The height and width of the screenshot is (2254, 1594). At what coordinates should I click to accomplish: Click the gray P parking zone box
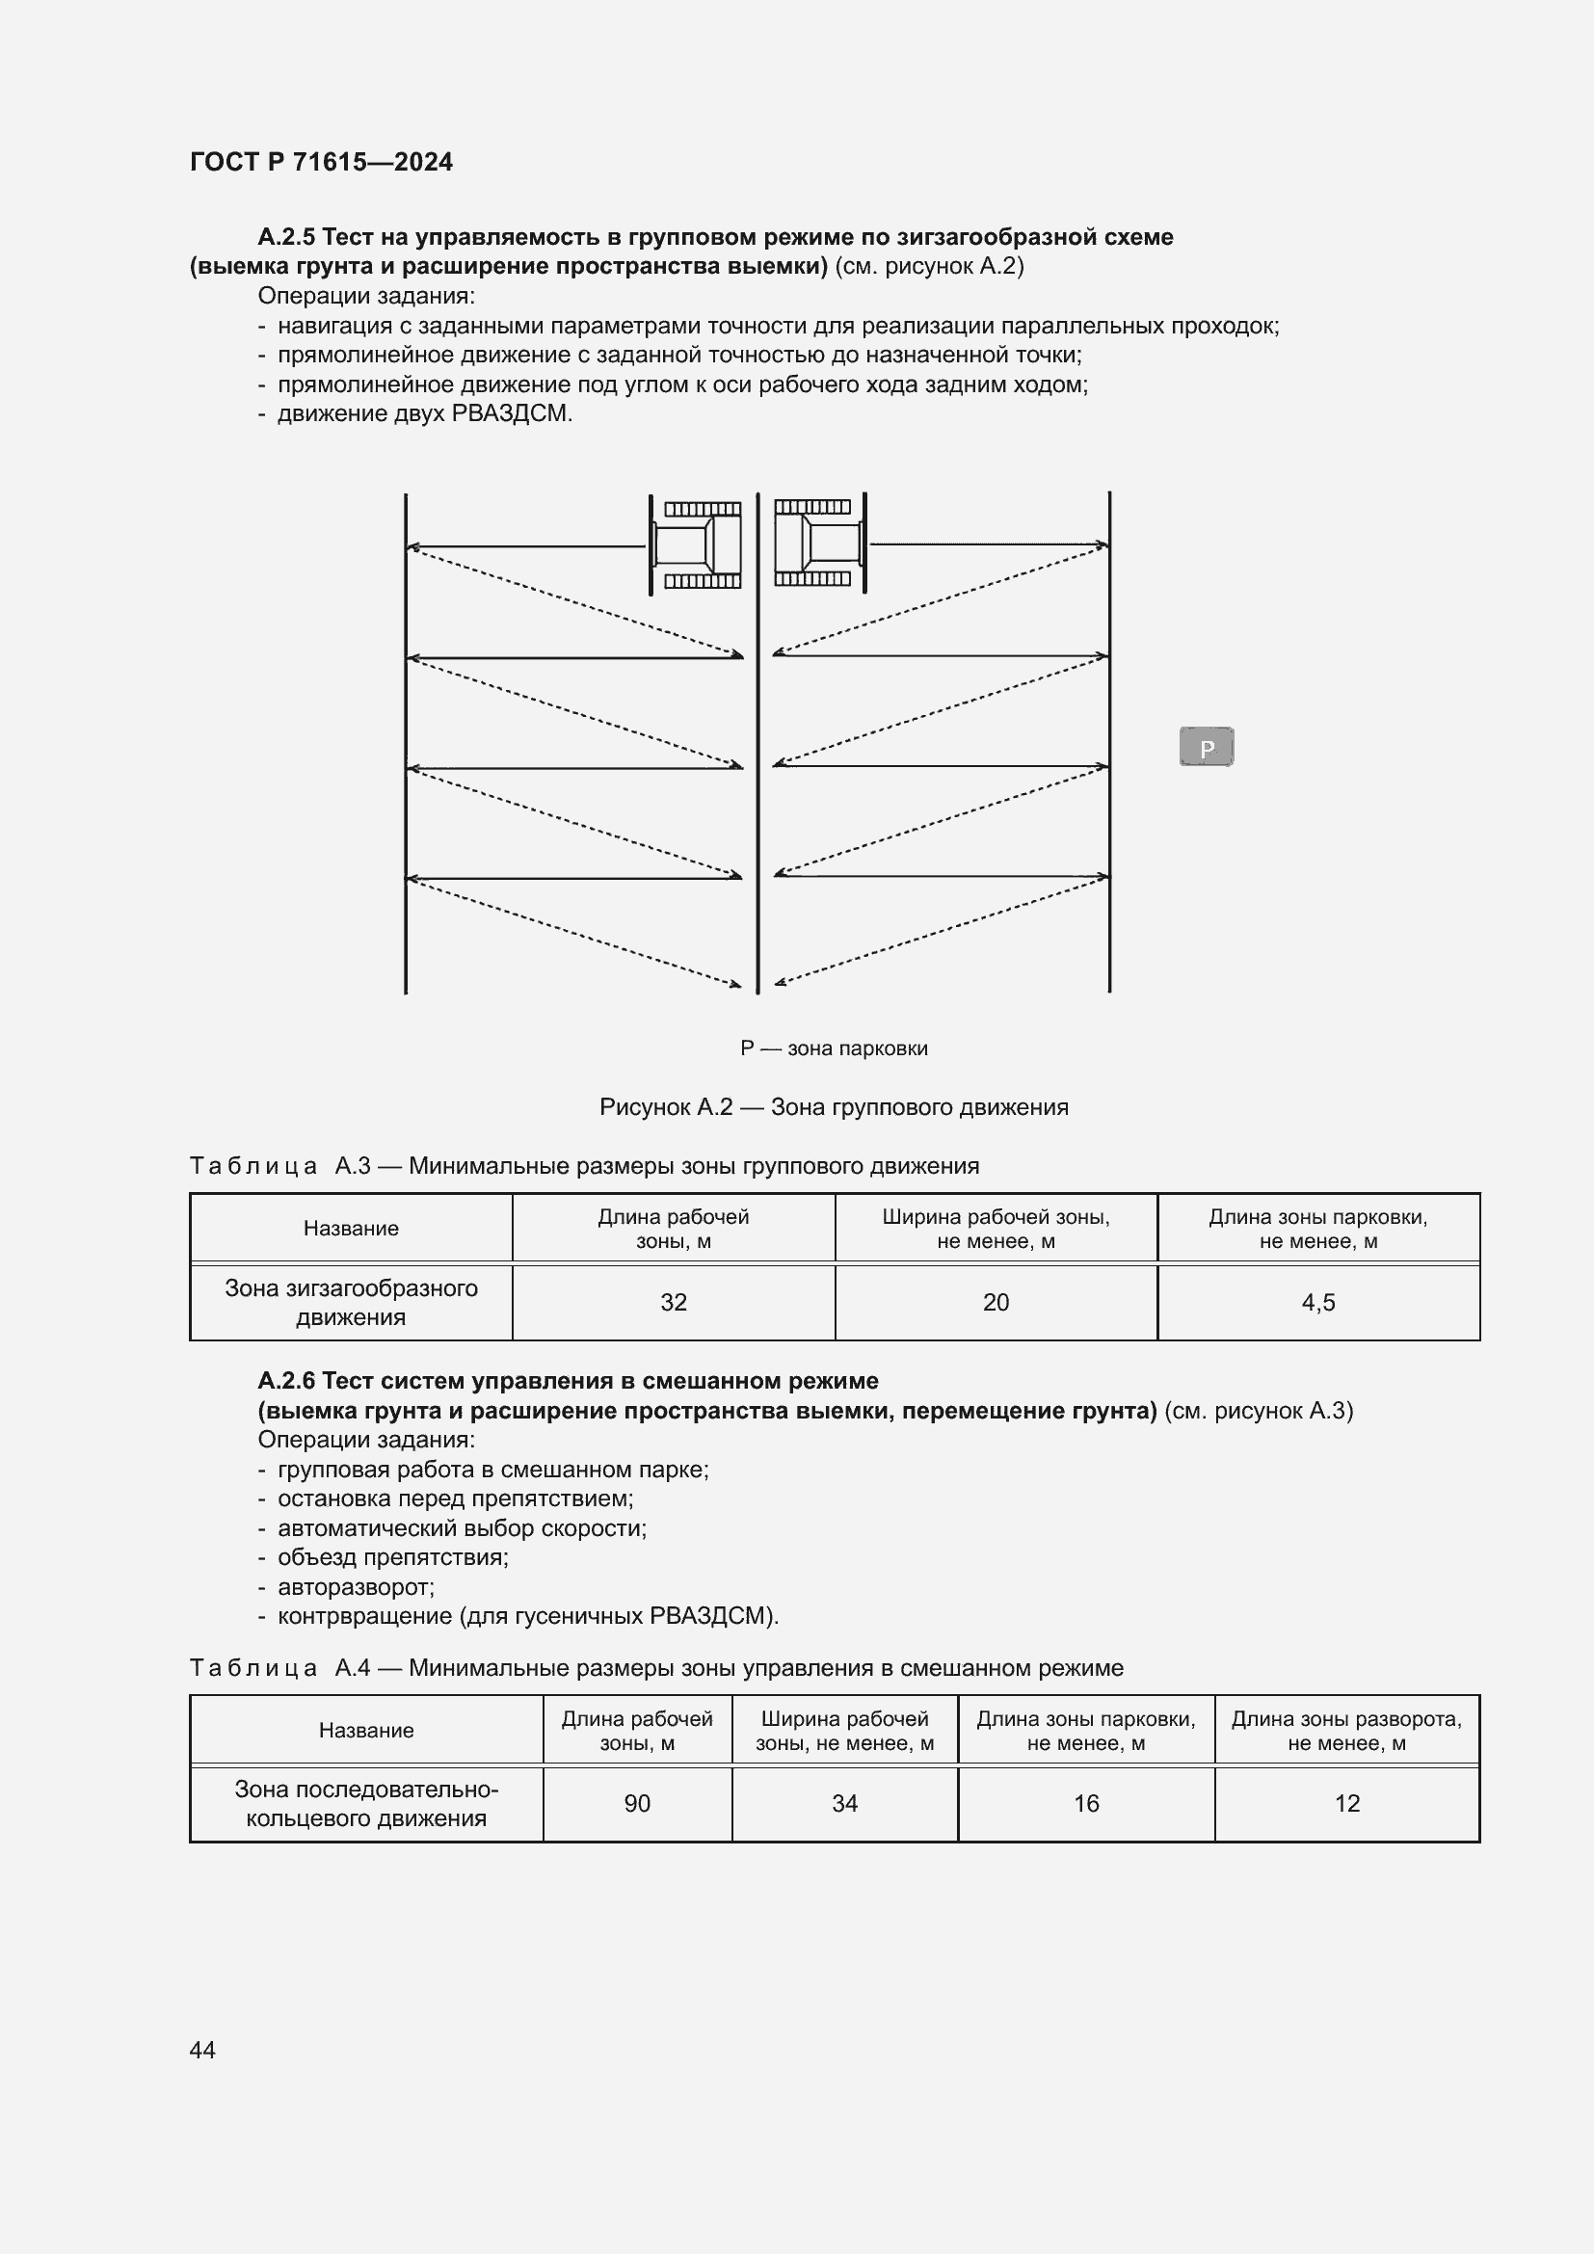[x=1206, y=747]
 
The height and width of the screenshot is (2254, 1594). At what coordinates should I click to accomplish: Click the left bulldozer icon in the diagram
[x=697, y=544]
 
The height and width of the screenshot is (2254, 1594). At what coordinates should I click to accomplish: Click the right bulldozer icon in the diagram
[x=819, y=542]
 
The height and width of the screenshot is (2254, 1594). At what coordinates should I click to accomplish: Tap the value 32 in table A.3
[x=674, y=1302]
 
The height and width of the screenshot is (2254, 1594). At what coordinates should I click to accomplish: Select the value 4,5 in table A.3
[x=1317, y=1302]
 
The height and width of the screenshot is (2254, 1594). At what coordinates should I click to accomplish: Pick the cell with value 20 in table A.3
[x=996, y=1302]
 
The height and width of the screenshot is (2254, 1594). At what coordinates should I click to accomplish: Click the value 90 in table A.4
[x=637, y=1803]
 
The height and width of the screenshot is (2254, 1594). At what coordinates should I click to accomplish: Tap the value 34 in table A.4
[x=844, y=1803]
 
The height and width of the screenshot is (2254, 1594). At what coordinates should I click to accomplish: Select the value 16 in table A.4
[x=1085, y=1803]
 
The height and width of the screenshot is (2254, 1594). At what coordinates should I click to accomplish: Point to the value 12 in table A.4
[x=1346, y=1803]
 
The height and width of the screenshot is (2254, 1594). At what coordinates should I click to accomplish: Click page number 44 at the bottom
[x=202, y=2050]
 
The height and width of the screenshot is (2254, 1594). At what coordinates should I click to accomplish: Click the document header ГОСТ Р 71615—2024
[x=321, y=162]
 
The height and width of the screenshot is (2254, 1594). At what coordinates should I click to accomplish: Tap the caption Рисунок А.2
[x=834, y=1107]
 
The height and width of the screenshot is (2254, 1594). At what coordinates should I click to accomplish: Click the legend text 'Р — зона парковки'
[x=834, y=1048]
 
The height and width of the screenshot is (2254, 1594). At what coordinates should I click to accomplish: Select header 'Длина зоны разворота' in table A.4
[x=1346, y=1731]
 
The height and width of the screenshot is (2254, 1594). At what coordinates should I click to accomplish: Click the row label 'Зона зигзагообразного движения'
[x=351, y=1302]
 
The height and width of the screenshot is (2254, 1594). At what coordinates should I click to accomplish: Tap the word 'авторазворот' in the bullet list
[x=355, y=1586]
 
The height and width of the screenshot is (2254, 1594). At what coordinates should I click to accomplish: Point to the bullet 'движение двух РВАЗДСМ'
[x=424, y=413]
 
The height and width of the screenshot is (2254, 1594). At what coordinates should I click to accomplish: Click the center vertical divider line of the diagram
[x=757, y=785]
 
